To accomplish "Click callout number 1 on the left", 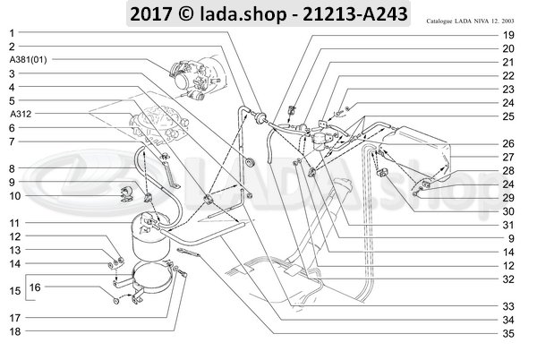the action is pos(12,33).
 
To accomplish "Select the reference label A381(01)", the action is pos(28,60).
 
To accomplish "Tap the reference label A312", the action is pos(21,114).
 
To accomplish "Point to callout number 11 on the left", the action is pos(14,223).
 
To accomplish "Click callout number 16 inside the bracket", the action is pos(35,287).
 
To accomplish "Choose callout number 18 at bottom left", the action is pos(14,331).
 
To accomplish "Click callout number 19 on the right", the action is pos(508,35).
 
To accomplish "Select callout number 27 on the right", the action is pos(508,158).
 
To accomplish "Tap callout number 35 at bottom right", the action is pos(508,334).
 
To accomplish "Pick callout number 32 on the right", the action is pos(508,279).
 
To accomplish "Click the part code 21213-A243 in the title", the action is pos(355,14).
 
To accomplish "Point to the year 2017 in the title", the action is pos(150,14).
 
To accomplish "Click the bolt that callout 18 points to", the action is pos(183,273).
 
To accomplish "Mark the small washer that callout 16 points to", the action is pos(116,301).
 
